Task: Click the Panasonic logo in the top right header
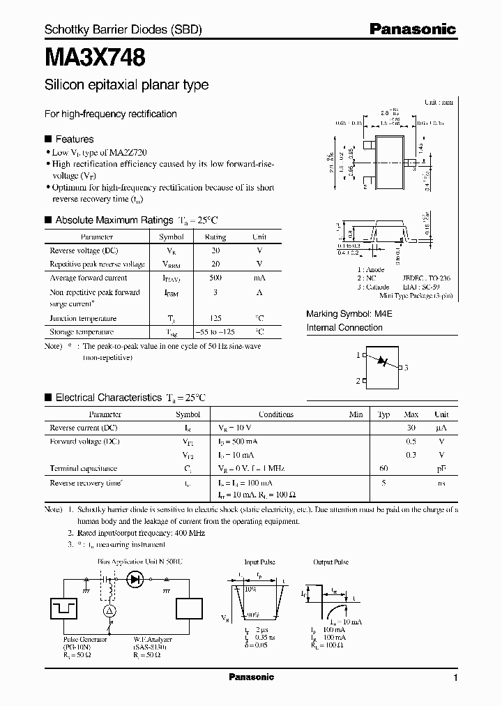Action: coord(412,29)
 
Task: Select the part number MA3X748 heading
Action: coord(95,57)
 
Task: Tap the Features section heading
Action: coord(73,139)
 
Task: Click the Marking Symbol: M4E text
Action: coord(349,314)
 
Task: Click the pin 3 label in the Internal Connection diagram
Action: coord(406,367)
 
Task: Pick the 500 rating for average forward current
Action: coord(215,277)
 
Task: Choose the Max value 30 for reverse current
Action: coord(411,427)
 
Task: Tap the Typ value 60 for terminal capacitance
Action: coord(383,468)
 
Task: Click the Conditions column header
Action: coord(276,414)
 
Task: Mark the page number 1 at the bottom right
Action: coord(455,678)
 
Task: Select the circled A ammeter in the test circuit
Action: coord(108,610)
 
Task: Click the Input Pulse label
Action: coord(260,562)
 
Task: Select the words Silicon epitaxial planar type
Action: coord(126,85)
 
